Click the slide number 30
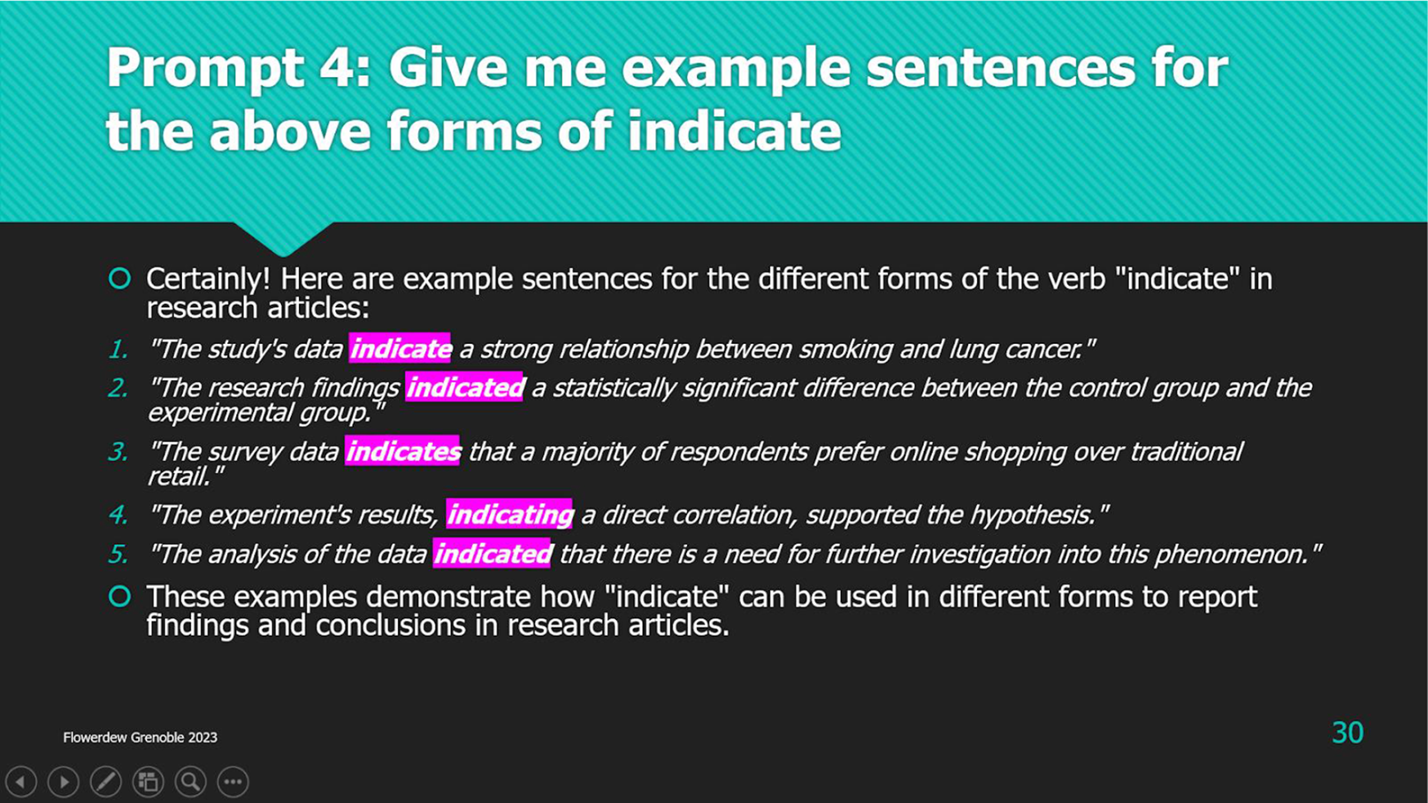pos(1347,732)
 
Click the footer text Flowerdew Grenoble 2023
pos(141,738)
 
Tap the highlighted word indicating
pos(508,514)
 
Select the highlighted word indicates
pos(402,451)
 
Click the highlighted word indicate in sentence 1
pos(400,348)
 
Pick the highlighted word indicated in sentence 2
pos(464,387)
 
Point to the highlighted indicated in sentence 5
pos(492,554)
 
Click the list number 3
pos(118,452)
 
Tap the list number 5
pos(118,554)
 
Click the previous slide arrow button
pos(21,781)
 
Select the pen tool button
pos(106,781)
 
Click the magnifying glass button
pos(191,781)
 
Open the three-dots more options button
pos(233,781)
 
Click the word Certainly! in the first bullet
pos(208,279)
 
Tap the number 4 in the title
pos(344,67)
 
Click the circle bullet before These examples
pos(120,596)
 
